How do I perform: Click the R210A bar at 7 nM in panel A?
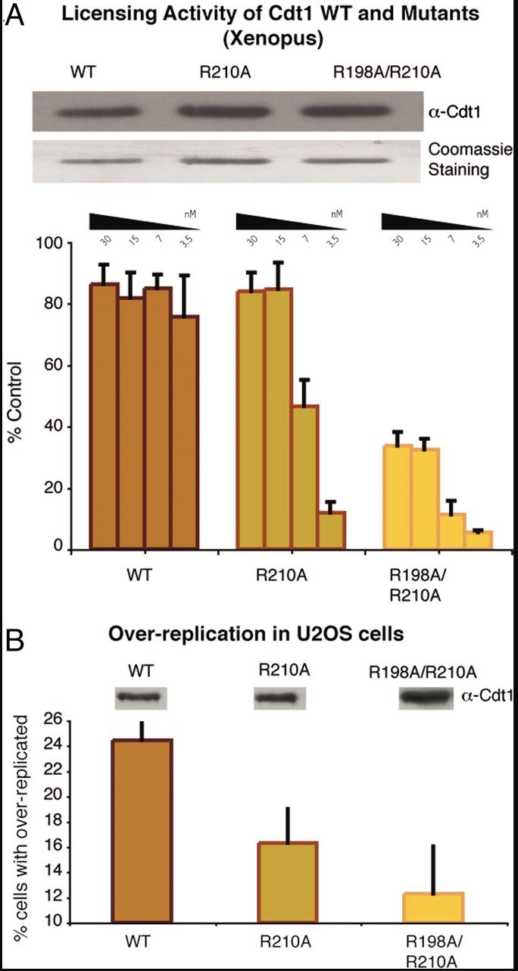click(305, 477)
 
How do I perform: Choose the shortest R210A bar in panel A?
click(332, 530)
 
